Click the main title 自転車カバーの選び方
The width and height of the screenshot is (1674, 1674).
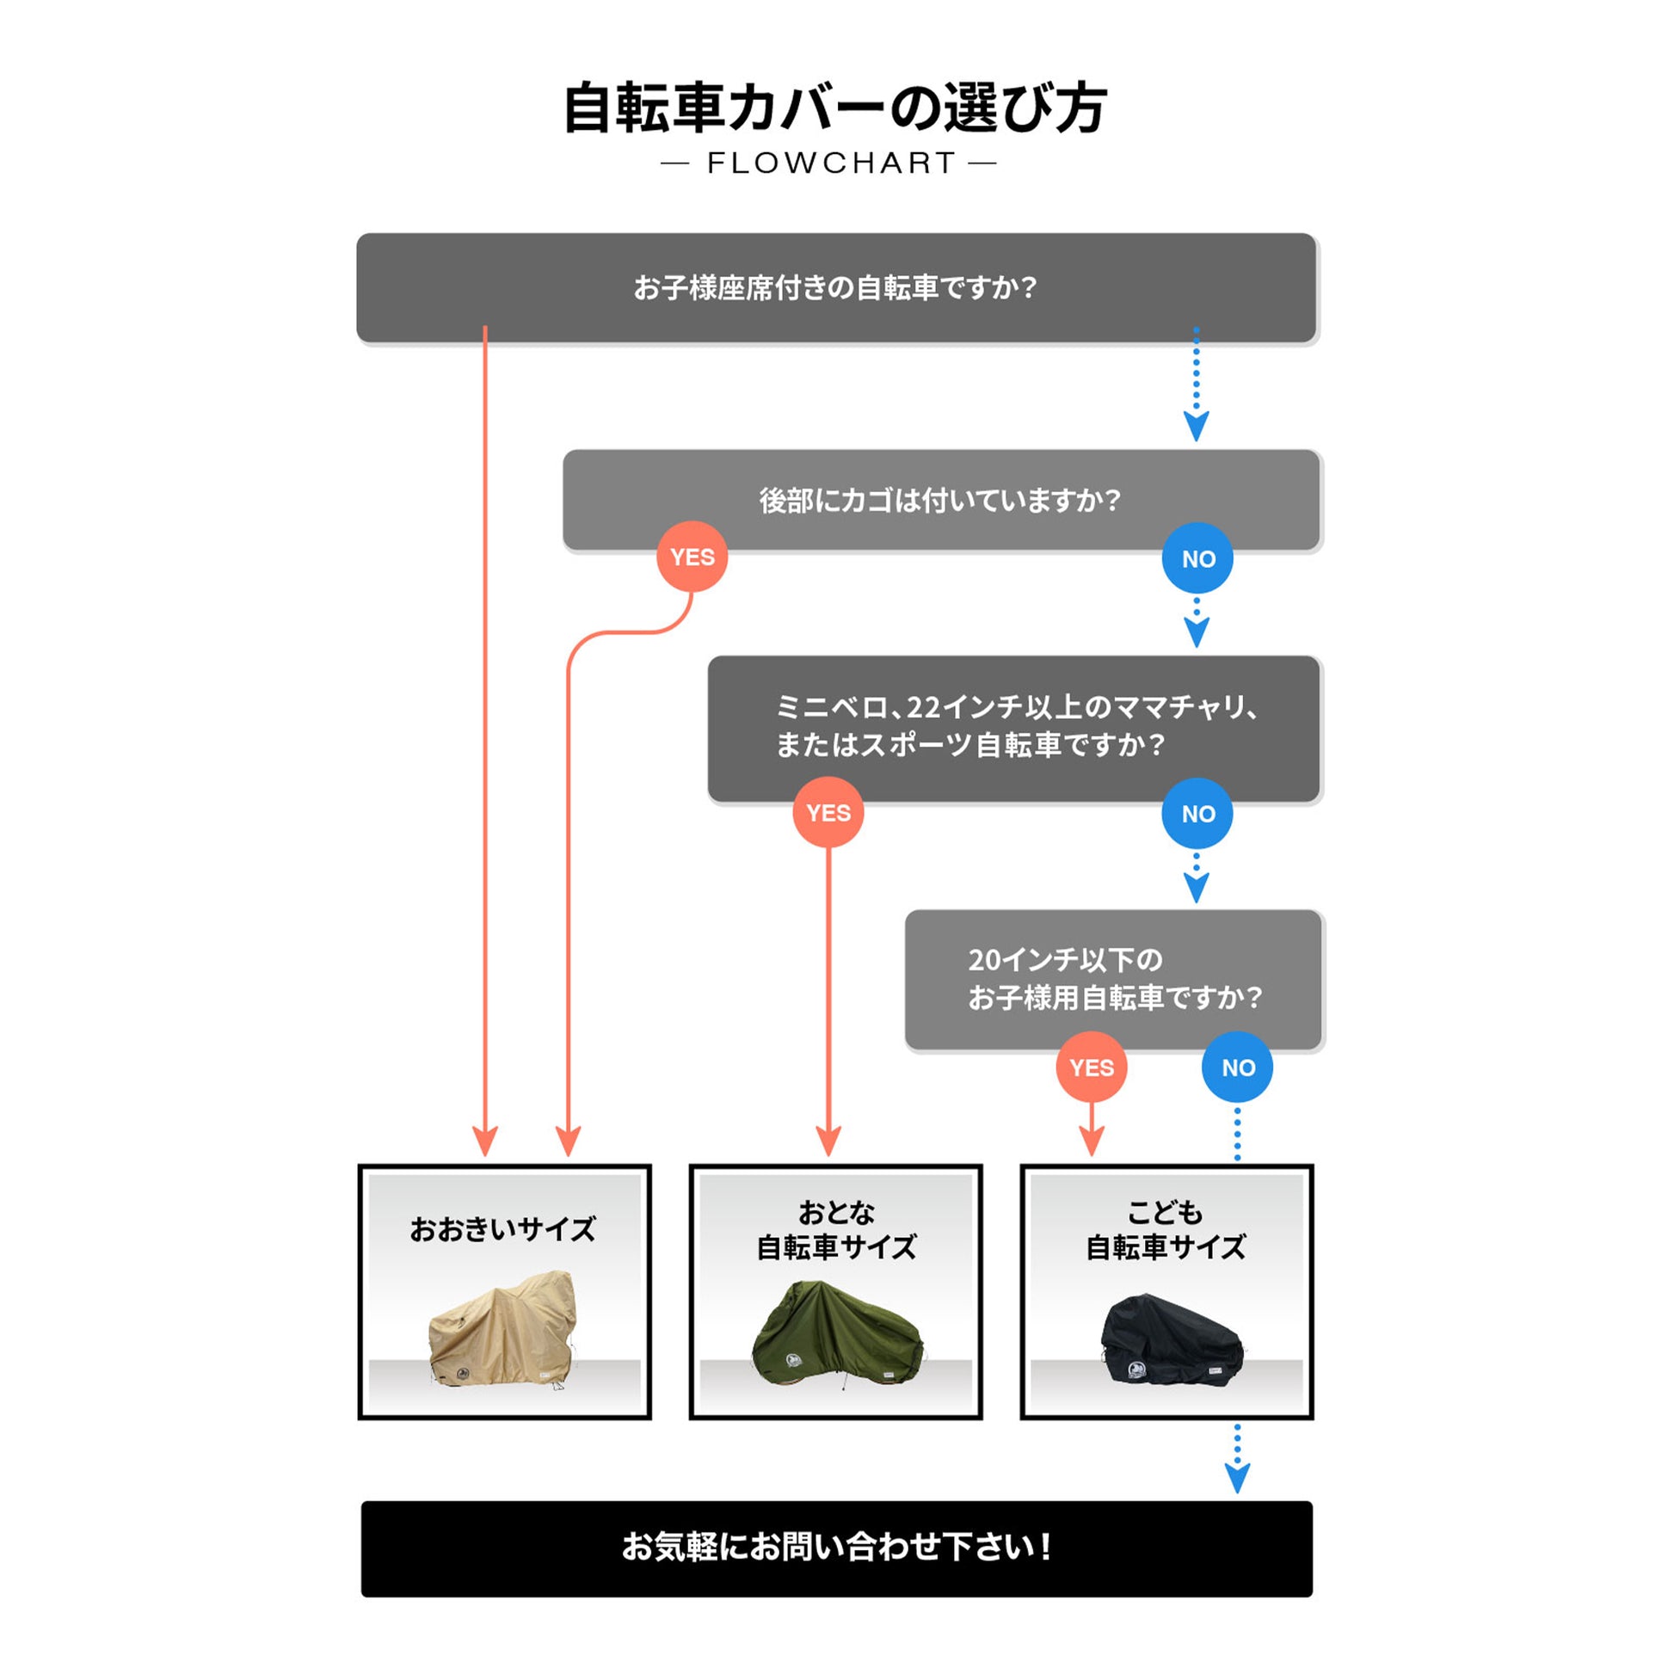[x=834, y=109]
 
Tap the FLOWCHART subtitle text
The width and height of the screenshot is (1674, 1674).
[x=830, y=163]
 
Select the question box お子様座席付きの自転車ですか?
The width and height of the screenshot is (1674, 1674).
[x=835, y=286]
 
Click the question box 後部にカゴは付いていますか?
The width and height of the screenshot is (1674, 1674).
[x=940, y=499]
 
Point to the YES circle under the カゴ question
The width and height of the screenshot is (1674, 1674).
[x=692, y=557]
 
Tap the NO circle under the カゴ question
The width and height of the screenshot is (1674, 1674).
[x=1197, y=559]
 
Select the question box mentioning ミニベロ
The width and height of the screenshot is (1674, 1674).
[x=1013, y=726]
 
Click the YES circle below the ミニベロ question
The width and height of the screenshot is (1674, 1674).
[x=828, y=813]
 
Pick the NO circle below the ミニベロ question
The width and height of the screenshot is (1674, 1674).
[x=1197, y=814]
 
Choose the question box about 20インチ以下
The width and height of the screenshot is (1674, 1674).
[x=1112, y=978]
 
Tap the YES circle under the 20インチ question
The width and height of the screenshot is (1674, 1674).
[x=1091, y=1068]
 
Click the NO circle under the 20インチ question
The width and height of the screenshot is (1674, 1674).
[x=1237, y=1068]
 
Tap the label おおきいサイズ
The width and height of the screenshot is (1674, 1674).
[x=502, y=1228]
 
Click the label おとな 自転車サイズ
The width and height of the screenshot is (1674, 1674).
[x=835, y=1229]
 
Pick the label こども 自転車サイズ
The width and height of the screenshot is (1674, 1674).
[x=1166, y=1229]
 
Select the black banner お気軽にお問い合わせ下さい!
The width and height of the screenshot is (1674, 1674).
[x=836, y=1548]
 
